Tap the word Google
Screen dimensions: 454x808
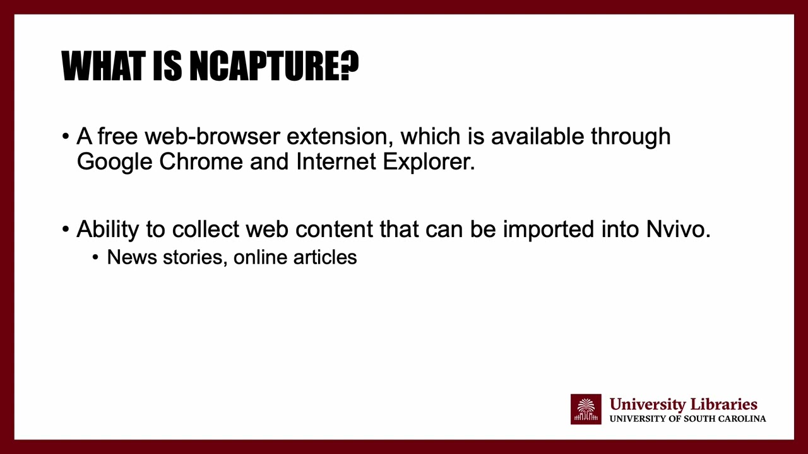point(114,162)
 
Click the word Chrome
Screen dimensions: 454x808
point(201,162)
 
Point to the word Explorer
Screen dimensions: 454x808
point(429,162)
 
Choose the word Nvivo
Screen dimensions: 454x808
point(678,230)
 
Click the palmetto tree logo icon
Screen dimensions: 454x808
point(586,409)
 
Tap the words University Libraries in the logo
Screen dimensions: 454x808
point(683,404)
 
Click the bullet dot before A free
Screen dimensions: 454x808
point(66,137)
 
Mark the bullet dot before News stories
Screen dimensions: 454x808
point(96,258)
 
